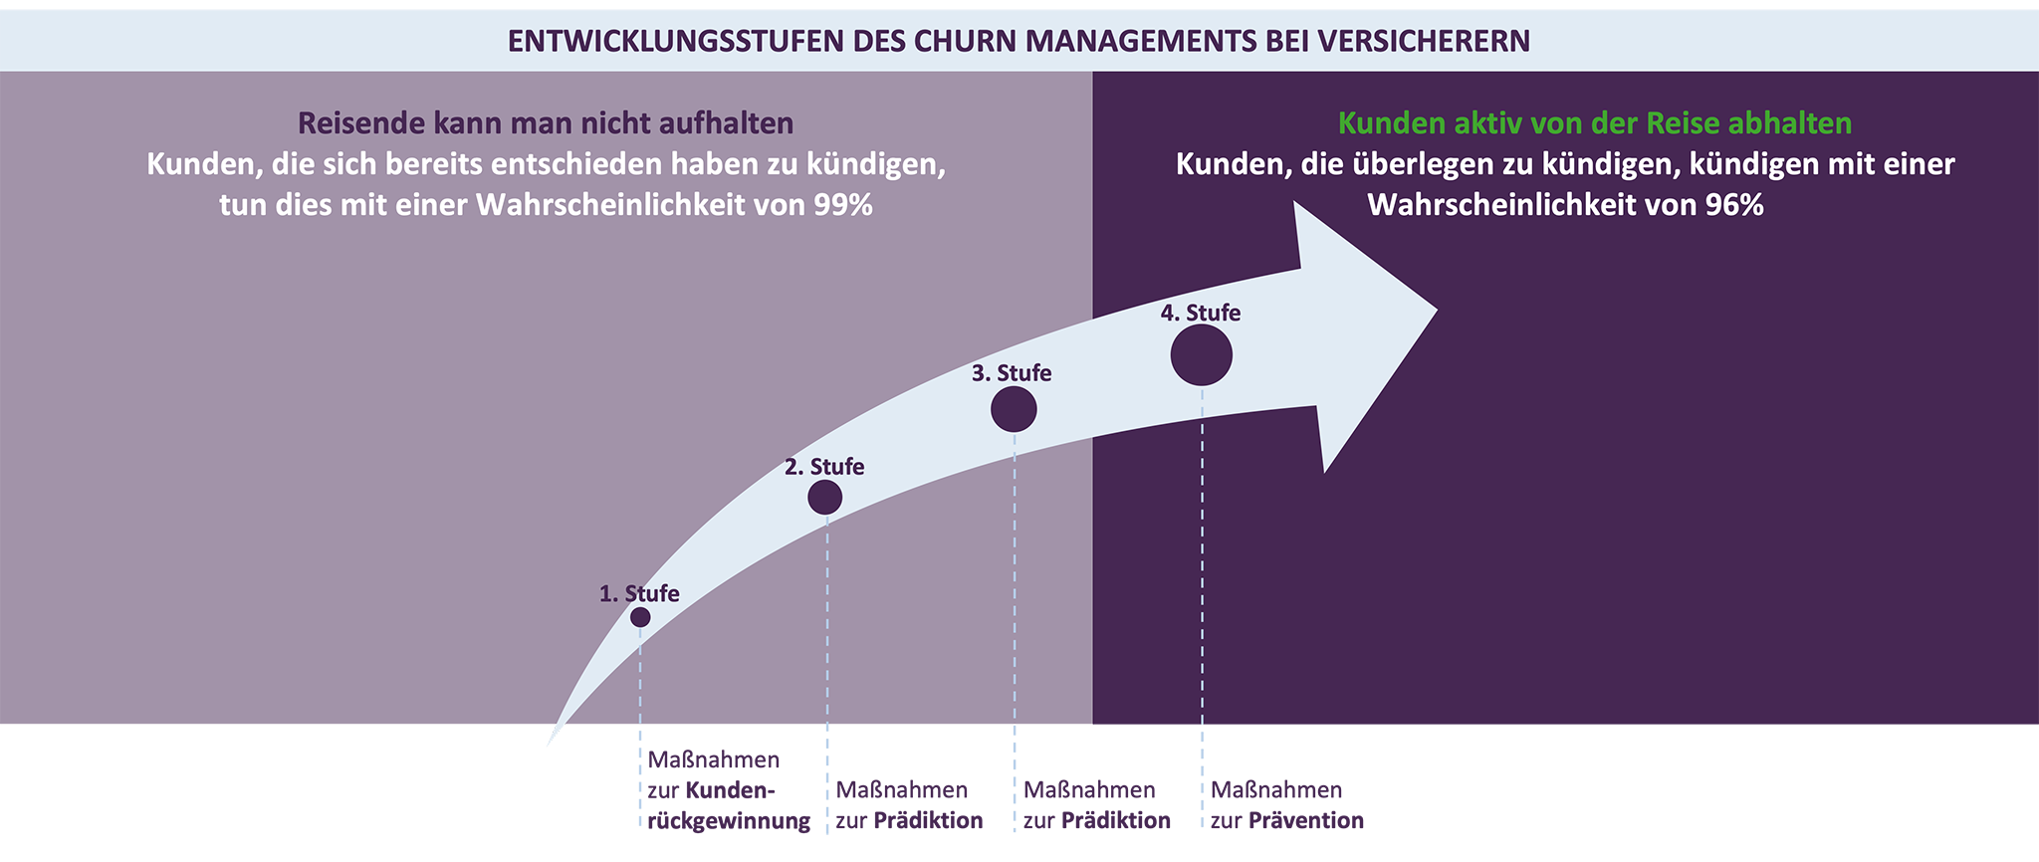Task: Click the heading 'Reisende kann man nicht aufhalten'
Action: point(546,123)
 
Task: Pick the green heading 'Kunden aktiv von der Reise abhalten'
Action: point(1594,123)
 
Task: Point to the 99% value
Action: point(842,205)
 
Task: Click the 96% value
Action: point(1733,205)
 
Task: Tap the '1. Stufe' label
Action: point(639,594)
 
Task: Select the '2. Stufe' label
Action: point(824,467)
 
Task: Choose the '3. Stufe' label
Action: point(1012,373)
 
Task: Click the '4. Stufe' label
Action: point(1201,314)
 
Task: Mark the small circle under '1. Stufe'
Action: point(640,617)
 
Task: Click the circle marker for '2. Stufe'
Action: point(824,497)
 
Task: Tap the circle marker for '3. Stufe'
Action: point(1014,409)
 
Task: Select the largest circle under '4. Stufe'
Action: point(1202,355)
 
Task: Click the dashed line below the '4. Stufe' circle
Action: point(1202,557)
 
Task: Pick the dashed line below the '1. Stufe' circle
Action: point(640,677)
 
